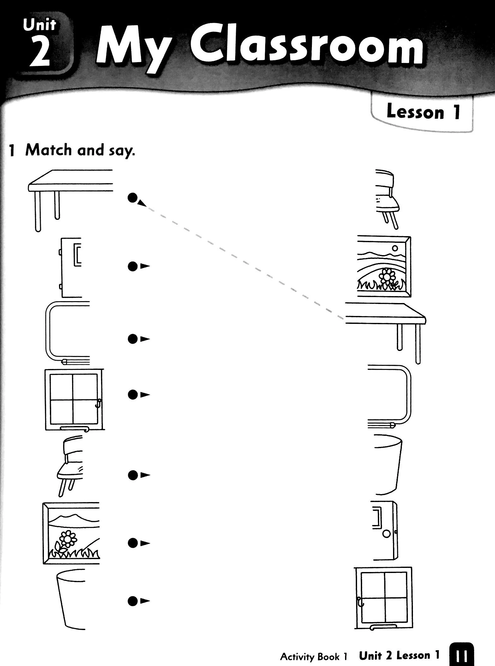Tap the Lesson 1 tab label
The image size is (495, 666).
tap(423, 112)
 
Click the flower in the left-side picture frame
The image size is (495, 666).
tap(67, 540)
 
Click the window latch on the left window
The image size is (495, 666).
tap(98, 403)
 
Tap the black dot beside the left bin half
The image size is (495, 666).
tap(133, 601)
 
